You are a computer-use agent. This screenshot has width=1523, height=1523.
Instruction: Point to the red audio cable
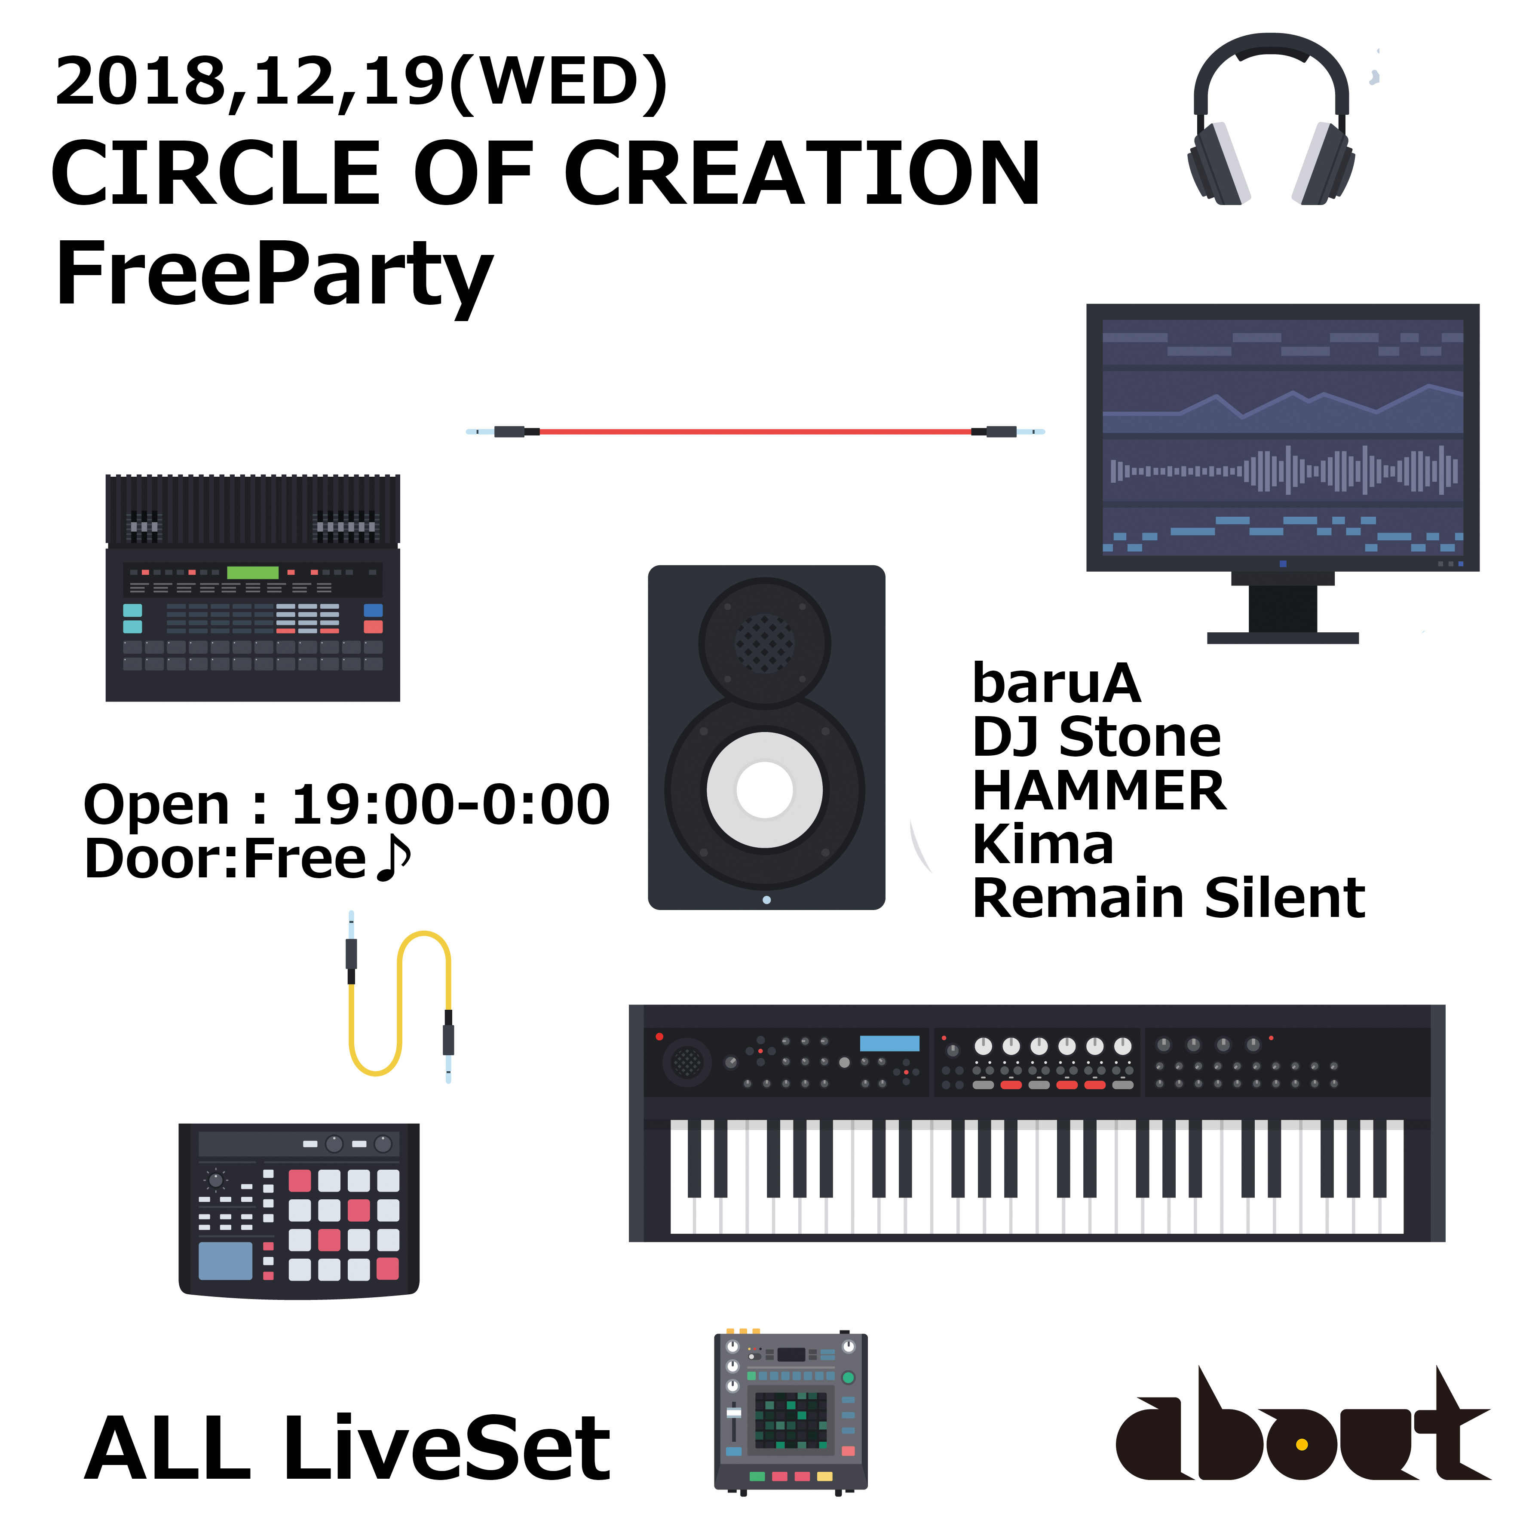point(755,431)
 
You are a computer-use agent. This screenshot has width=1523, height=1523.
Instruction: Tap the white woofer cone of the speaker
point(765,790)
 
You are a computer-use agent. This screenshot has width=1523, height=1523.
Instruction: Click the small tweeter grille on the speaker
point(765,643)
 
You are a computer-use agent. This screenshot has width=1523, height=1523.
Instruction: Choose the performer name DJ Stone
point(1097,737)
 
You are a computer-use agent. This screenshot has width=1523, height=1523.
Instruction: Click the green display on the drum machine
point(252,572)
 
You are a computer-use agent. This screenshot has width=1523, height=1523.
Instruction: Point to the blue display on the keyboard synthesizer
point(889,1043)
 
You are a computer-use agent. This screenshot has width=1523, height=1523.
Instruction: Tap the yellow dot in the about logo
point(1302,1444)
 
